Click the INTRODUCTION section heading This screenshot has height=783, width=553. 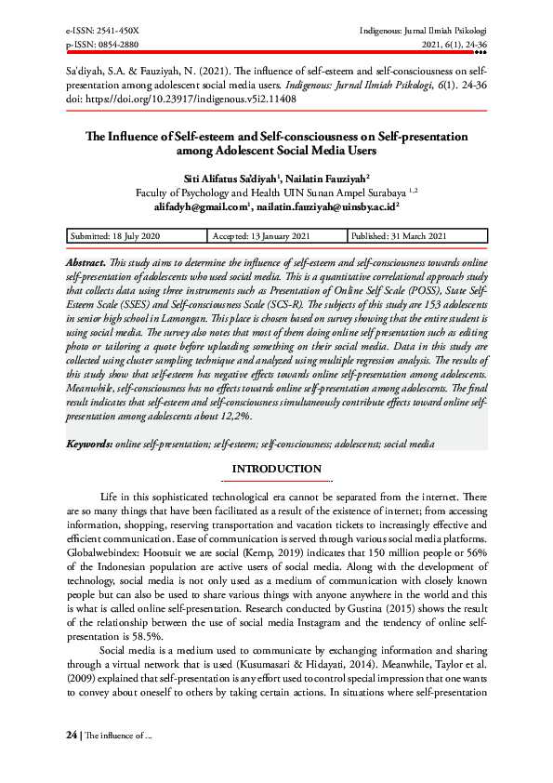[276, 469]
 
